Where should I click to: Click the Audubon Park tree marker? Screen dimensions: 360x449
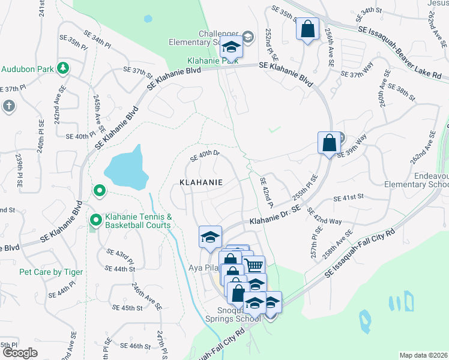(x=62, y=68)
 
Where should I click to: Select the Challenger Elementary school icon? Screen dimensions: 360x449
(x=231, y=47)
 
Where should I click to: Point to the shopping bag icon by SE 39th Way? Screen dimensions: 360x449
(x=329, y=143)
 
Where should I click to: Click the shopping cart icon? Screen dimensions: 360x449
(x=255, y=265)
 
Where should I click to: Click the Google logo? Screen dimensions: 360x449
(x=19, y=353)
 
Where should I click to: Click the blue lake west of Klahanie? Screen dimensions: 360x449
(x=127, y=169)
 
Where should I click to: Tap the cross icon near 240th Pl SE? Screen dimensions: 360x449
(x=8, y=106)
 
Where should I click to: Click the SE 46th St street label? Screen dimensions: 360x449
(x=134, y=346)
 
